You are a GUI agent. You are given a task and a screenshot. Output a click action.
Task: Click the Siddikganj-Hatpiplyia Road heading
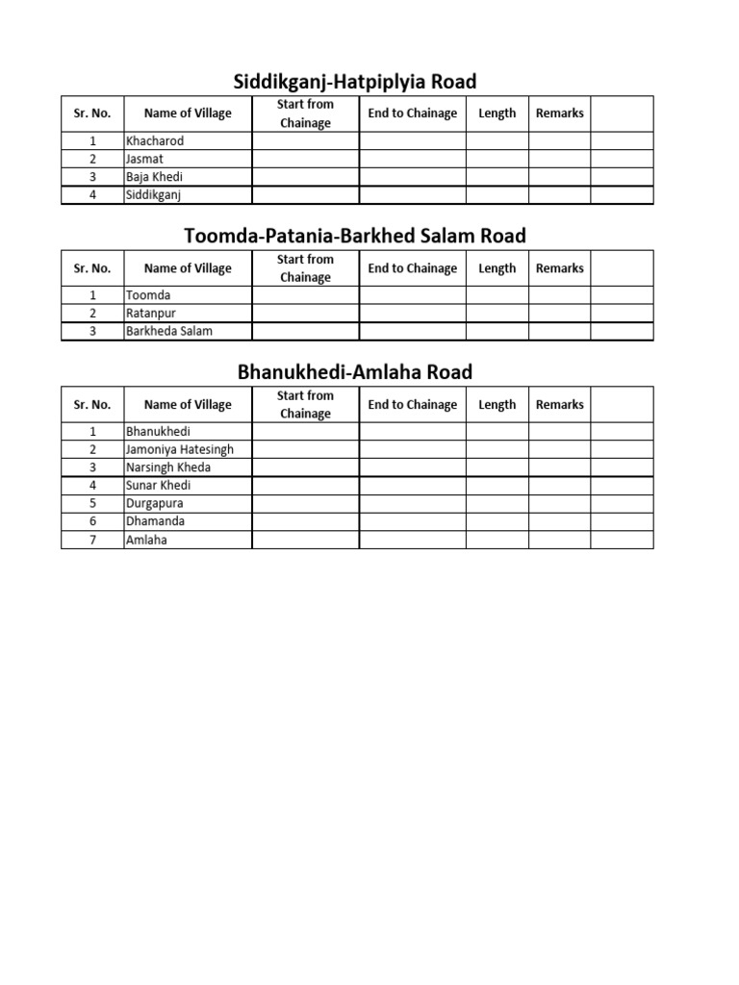coord(356,81)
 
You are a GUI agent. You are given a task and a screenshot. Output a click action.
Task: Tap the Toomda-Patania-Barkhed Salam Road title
coord(355,236)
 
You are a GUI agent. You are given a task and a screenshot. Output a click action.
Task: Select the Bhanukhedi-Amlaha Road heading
coord(355,372)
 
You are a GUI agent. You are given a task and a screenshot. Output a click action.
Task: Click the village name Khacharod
coord(155,140)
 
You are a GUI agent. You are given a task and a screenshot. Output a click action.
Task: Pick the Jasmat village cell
coord(145,159)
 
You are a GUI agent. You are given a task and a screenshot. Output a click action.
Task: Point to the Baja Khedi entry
coord(154,177)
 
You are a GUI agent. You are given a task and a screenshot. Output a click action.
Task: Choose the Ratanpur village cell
coord(151,313)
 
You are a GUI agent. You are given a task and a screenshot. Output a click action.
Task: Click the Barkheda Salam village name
coord(169,331)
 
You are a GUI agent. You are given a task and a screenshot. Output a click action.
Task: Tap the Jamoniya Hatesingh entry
coord(180,449)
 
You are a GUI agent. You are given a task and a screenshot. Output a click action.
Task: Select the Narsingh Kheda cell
coord(168,467)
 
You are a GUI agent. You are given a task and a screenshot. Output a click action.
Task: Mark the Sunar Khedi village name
coord(159,485)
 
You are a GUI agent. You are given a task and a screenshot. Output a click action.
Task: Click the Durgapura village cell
coord(155,503)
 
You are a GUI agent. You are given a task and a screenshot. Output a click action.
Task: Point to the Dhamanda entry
coord(156,521)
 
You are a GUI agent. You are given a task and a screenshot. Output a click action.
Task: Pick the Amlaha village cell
coord(146,540)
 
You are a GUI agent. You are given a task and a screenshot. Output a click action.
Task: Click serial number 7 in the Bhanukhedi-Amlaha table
coord(92,540)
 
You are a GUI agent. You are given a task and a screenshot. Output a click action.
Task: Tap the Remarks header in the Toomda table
coord(559,268)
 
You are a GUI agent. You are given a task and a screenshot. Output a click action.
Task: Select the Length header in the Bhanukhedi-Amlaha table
coord(497,405)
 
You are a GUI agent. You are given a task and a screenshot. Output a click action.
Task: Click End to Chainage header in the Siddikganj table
coord(412,114)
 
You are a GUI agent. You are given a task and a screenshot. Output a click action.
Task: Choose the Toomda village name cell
coord(148,295)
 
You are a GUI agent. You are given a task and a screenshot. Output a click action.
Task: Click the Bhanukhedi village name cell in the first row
coord(159,432)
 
